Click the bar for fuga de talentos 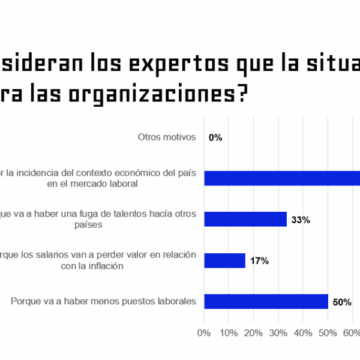point(245,219)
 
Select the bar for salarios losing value point(224,260)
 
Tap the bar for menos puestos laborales point(266,301)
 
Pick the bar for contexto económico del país point(282,178)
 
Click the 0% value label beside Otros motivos point(215,137)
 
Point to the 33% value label point(300,220)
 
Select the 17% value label point(259,261)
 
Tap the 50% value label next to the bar point(342,302)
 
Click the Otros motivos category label point(167,137)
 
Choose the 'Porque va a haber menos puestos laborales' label point(103,301)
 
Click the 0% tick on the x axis point(204,333)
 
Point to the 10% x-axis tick point(229,333)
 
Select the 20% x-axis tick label point(253,333)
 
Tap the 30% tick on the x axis point(278,333)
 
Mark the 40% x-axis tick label point(303,333)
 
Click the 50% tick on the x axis point(328,333)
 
